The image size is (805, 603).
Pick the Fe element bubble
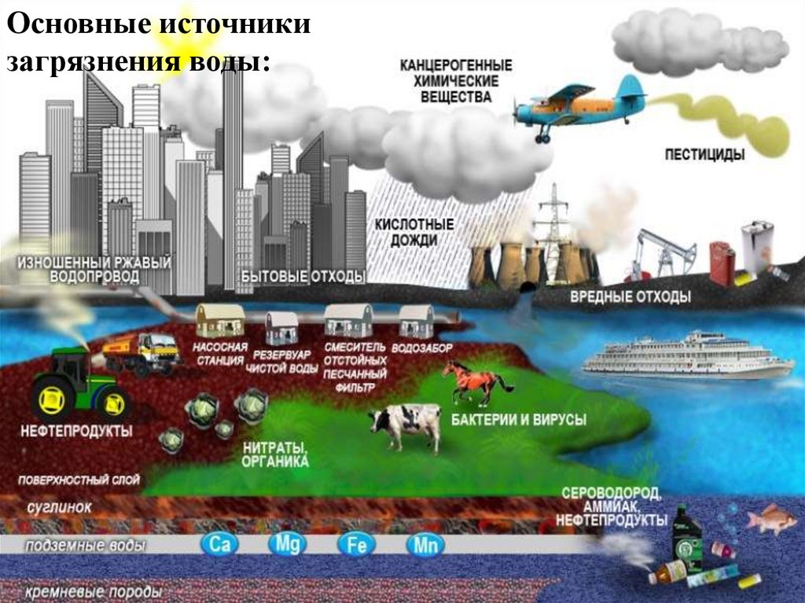click(x=356, y=545)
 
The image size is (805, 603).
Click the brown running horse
click(x=476, y=382)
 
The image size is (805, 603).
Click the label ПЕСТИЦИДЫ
click(x=704, y=155)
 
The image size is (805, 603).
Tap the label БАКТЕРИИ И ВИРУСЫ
click(x=518, y=421)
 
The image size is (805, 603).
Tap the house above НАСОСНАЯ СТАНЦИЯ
click(x=220, y=322)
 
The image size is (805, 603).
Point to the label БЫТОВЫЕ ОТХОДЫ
click(x=303, y=276)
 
